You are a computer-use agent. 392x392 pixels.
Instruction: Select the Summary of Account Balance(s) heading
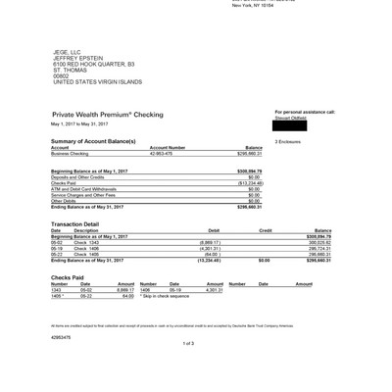pos(93,142)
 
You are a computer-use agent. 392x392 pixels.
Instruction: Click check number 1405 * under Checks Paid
pos(59,296)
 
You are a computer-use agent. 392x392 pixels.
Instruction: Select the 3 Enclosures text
pos(288,142)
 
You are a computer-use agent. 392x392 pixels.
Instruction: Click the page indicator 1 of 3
pos(188,344)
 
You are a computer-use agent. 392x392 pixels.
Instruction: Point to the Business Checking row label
pos(70,154)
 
